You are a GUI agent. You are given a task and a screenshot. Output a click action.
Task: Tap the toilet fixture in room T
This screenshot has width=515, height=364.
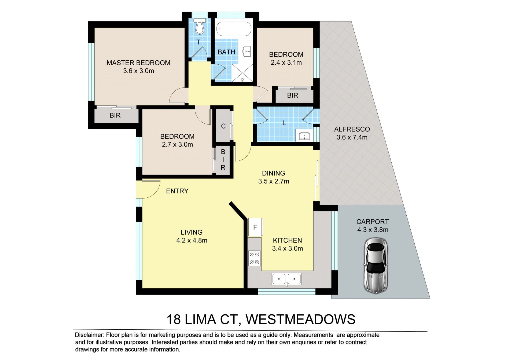click(199, 26)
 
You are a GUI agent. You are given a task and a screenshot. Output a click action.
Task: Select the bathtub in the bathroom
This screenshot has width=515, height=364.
click(234, 29)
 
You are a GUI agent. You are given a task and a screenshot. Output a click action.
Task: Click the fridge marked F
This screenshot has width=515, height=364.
click(255, 227)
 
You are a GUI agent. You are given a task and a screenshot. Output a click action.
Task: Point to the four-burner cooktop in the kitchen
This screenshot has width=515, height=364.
click(254, 258)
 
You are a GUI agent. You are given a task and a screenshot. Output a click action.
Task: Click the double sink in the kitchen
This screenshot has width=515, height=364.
click(286, 279)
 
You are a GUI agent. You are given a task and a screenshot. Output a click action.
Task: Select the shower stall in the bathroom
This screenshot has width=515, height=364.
click(242, 73)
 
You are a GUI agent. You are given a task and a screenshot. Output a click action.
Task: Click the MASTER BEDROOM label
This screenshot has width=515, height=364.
click(138, 63)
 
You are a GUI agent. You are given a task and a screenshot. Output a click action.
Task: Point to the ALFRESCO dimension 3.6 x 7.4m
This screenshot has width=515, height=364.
click(352, 137)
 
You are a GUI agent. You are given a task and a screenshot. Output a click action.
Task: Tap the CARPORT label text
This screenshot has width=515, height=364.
click(373, 222)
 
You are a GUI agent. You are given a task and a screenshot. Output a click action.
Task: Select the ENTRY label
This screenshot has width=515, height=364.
click(177, 191)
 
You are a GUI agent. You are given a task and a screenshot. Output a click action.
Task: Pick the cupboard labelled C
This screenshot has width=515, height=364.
click(223, 126)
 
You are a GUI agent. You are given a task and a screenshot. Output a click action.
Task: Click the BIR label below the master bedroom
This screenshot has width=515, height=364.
click(115, 115)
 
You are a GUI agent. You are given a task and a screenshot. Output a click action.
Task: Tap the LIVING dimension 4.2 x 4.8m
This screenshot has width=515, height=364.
click(192, 240)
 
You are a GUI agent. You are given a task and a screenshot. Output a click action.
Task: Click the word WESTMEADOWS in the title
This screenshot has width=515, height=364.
click(300, 319)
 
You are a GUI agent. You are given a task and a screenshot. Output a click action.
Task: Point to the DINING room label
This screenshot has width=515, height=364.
click(274, 173)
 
